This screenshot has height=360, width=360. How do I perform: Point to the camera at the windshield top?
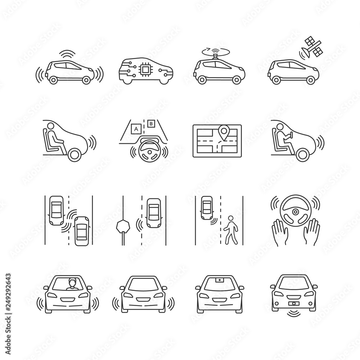[219, 279]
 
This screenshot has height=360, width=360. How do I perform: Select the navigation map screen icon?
[217, 141]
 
